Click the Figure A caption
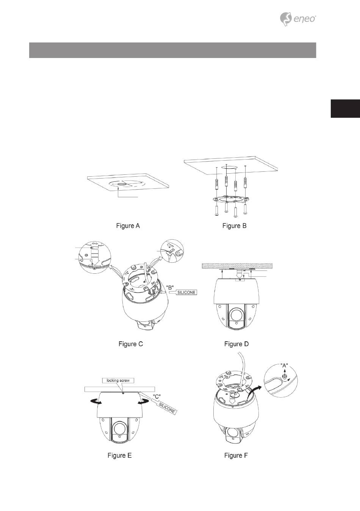[128, 226]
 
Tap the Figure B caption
[234, 226]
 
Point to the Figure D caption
[236, 344]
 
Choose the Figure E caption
[119, 455]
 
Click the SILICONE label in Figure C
[186, 293]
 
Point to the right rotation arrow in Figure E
[144, 403]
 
